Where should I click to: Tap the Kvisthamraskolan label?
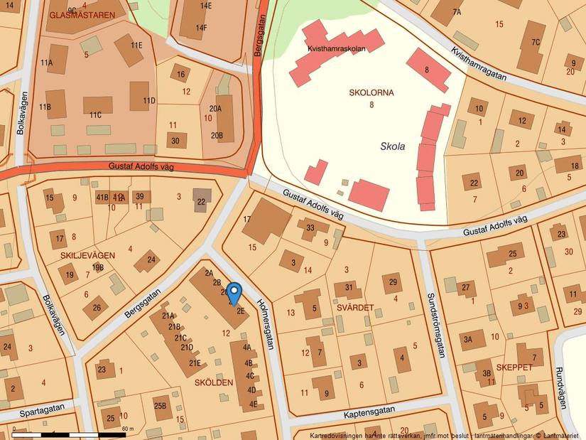(x=336, y=49)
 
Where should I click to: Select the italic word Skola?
(x=392, y=146)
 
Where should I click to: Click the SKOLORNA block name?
(x=371, y=92)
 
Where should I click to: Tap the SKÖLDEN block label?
(x=213, y=382)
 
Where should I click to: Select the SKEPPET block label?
(x=514, y=367)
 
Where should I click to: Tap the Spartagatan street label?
(x=42, y=409)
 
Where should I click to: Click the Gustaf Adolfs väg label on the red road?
(x=142, y=166)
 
